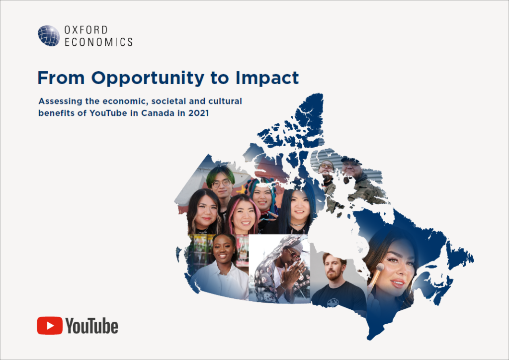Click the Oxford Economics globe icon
tap(49, 36)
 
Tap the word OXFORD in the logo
tap(86, 30)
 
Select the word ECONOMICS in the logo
tap(99, 42)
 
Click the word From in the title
tap(61, 78)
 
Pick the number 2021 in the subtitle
tap(199, 113)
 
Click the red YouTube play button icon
tap(50, 326)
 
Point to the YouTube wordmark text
tap(92, 326)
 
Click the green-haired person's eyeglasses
tap(221, 183)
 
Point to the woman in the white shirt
tap(221, 266)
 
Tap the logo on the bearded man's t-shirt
tap(332, 303)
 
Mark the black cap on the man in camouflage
tap(351, 161)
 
